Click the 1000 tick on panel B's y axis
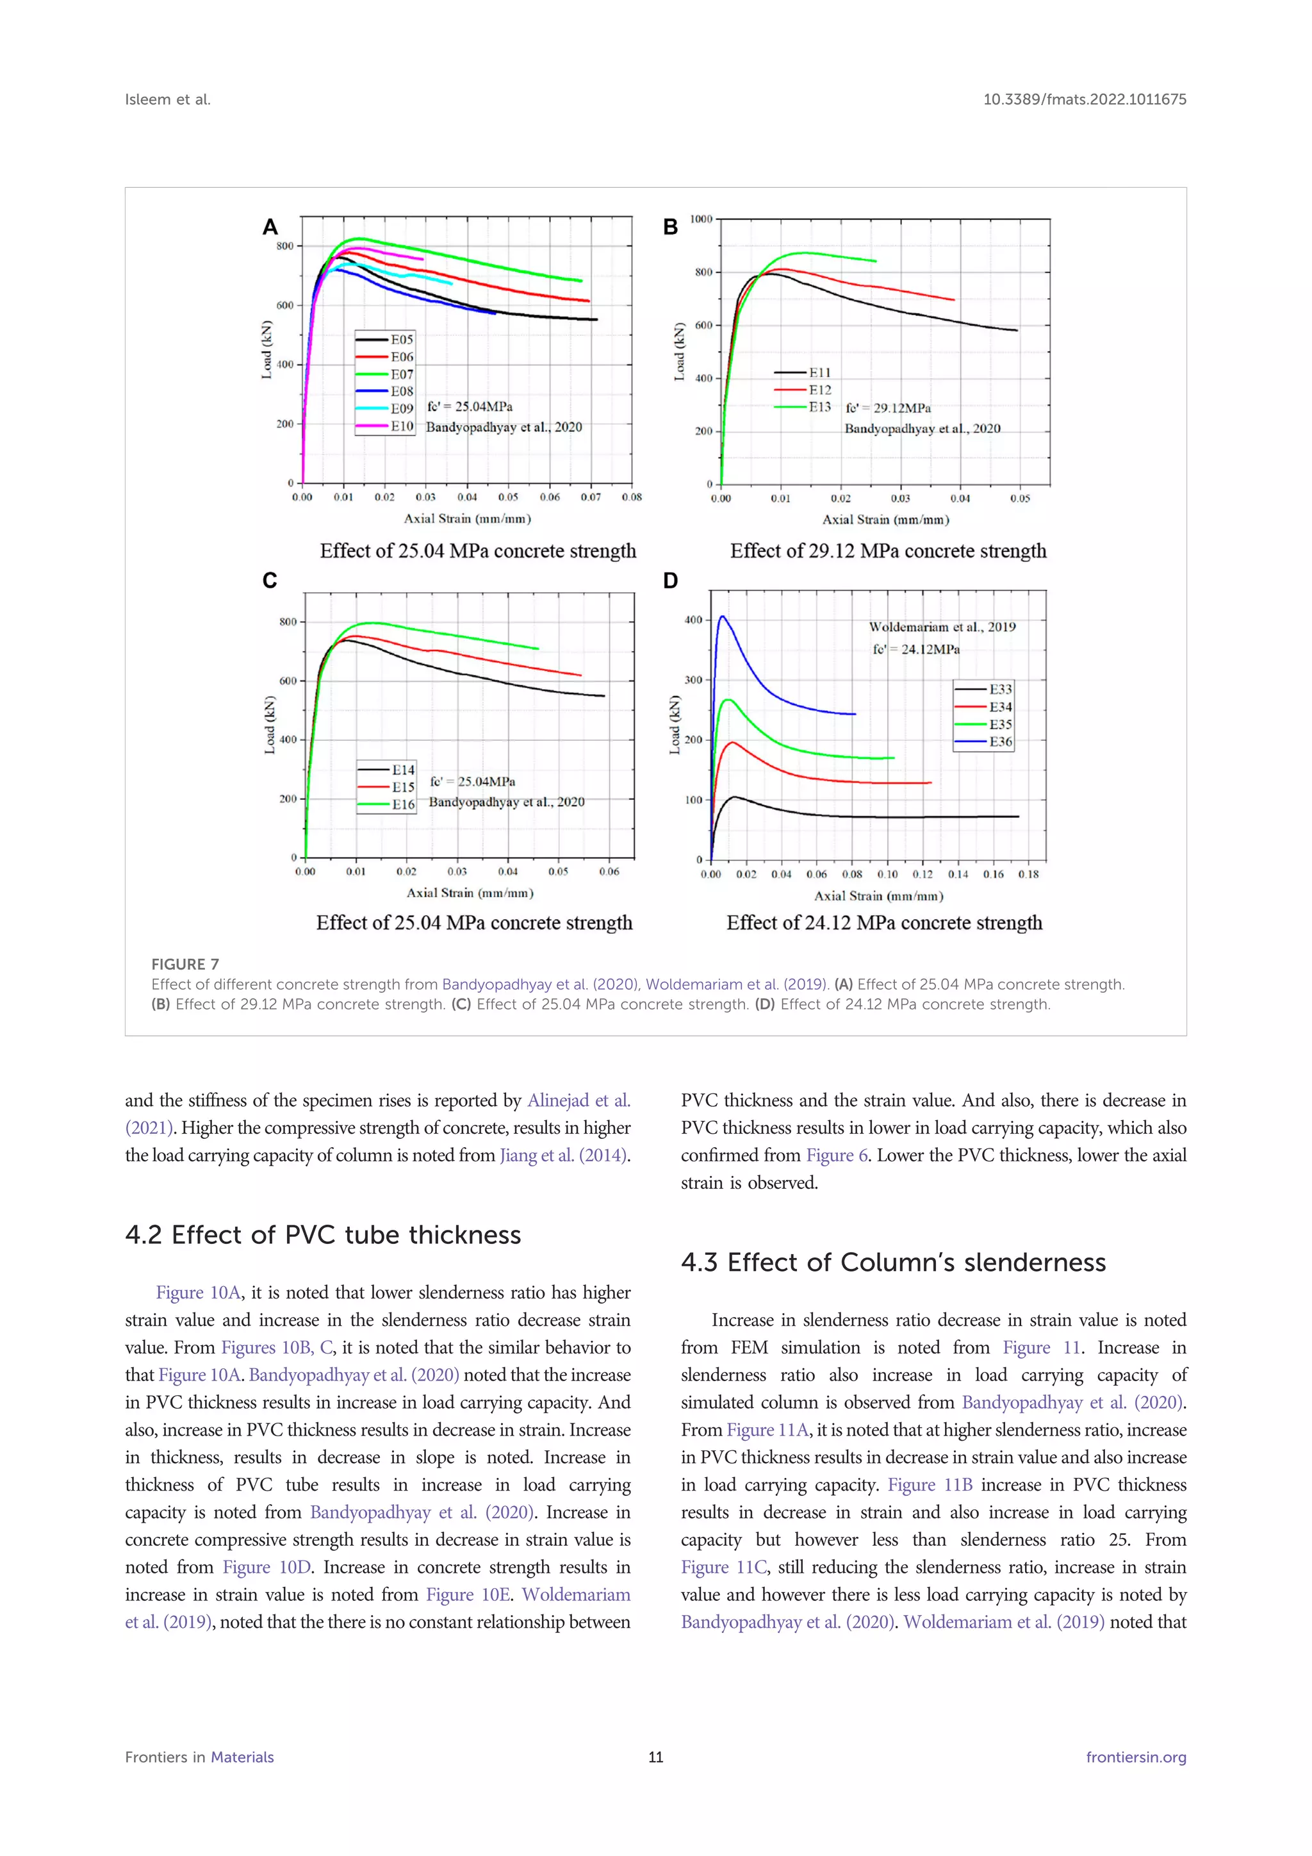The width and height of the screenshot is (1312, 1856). click(700, 219)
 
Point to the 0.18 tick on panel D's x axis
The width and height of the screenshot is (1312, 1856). click(1028, 874)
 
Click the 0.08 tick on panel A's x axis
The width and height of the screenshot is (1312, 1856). click(632, 497)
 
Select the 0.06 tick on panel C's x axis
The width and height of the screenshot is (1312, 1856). click(609, 872)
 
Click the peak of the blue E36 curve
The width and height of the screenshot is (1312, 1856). click(722, 617)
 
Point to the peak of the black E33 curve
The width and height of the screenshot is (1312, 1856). click(734, 797)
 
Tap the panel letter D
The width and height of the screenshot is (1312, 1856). click(671, 581)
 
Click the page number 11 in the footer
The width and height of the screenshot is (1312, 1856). click(655, 1757)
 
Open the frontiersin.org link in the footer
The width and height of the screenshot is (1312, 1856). click(1135, 1757)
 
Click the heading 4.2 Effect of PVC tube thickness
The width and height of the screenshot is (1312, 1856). click(323, 1235)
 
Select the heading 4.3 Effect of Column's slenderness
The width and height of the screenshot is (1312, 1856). click(892, 1263)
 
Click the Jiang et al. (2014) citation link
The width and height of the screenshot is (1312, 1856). click(564, 1155)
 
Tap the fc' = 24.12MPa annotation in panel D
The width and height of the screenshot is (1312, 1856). click(916, 649)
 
